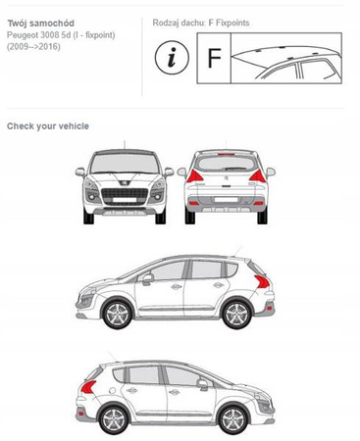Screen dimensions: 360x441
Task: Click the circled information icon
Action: (172, 58)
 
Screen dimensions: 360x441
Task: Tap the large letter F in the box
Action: (214, 58)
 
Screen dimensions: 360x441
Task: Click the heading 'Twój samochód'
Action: (41, 24)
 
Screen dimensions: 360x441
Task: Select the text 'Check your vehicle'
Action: (48, 126)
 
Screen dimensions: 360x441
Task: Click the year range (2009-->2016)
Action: (33, 47)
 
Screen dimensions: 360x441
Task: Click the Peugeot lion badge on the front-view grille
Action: (125, 183)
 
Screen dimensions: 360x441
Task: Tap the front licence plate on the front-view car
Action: (125, 199)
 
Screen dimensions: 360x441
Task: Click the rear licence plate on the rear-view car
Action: (227, 199)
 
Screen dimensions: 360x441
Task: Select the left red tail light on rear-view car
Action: (194, 176)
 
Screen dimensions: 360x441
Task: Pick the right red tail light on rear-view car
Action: (257, 176)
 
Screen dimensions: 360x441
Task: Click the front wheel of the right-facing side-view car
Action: (233, 420)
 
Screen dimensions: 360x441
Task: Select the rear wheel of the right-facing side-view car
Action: (114, 420)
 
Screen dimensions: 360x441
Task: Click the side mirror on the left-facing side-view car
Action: (148, 278)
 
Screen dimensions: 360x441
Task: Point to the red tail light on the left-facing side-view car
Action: (263, 281)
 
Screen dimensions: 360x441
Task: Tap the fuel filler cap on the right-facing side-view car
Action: (113, 390)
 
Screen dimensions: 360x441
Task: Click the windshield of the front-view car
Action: (125, 163)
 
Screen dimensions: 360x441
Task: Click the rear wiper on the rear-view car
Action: (235, 169)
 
